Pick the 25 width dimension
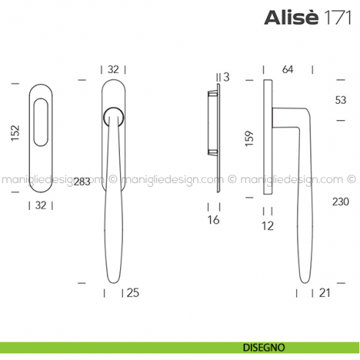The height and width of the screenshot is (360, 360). (132, 293)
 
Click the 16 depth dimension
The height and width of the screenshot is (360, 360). (213, 220)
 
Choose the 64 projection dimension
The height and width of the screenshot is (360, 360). (287, 70)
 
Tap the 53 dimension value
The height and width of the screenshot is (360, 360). (340, 100)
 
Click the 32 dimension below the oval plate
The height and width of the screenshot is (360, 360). (41, 206)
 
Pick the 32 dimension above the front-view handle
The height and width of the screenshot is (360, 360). (113, 70)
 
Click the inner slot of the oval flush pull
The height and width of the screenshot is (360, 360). (41, 129)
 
